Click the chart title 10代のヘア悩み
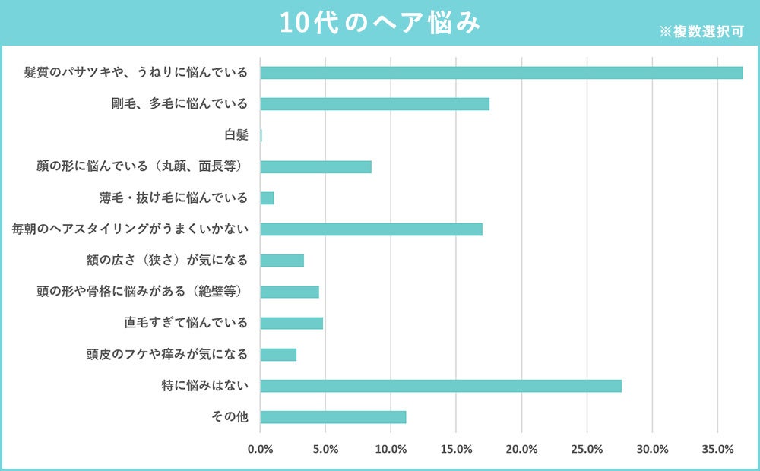[x=379, y=23]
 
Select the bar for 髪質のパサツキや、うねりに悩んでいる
[x=501, y=73]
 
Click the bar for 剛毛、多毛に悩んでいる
[x=375, y=104]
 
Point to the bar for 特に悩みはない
[x=441, y=386]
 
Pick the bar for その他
[x=333, y=417]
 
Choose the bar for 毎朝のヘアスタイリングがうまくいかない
[x=371, y=229]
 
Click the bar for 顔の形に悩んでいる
[x=315, y=167]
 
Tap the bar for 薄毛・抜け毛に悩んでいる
[x=267, y=198]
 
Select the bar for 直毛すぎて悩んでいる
[x=291, y=323]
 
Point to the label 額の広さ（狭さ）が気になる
[x=167, y=261]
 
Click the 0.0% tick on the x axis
[x=260, y=449]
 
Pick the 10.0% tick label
[x=391, y=449]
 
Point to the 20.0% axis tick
[x=521, y=449]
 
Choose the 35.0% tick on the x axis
[x=717, y=449]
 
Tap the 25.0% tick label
[x=587, y=449]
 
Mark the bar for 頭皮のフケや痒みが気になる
[x=278, y=355]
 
